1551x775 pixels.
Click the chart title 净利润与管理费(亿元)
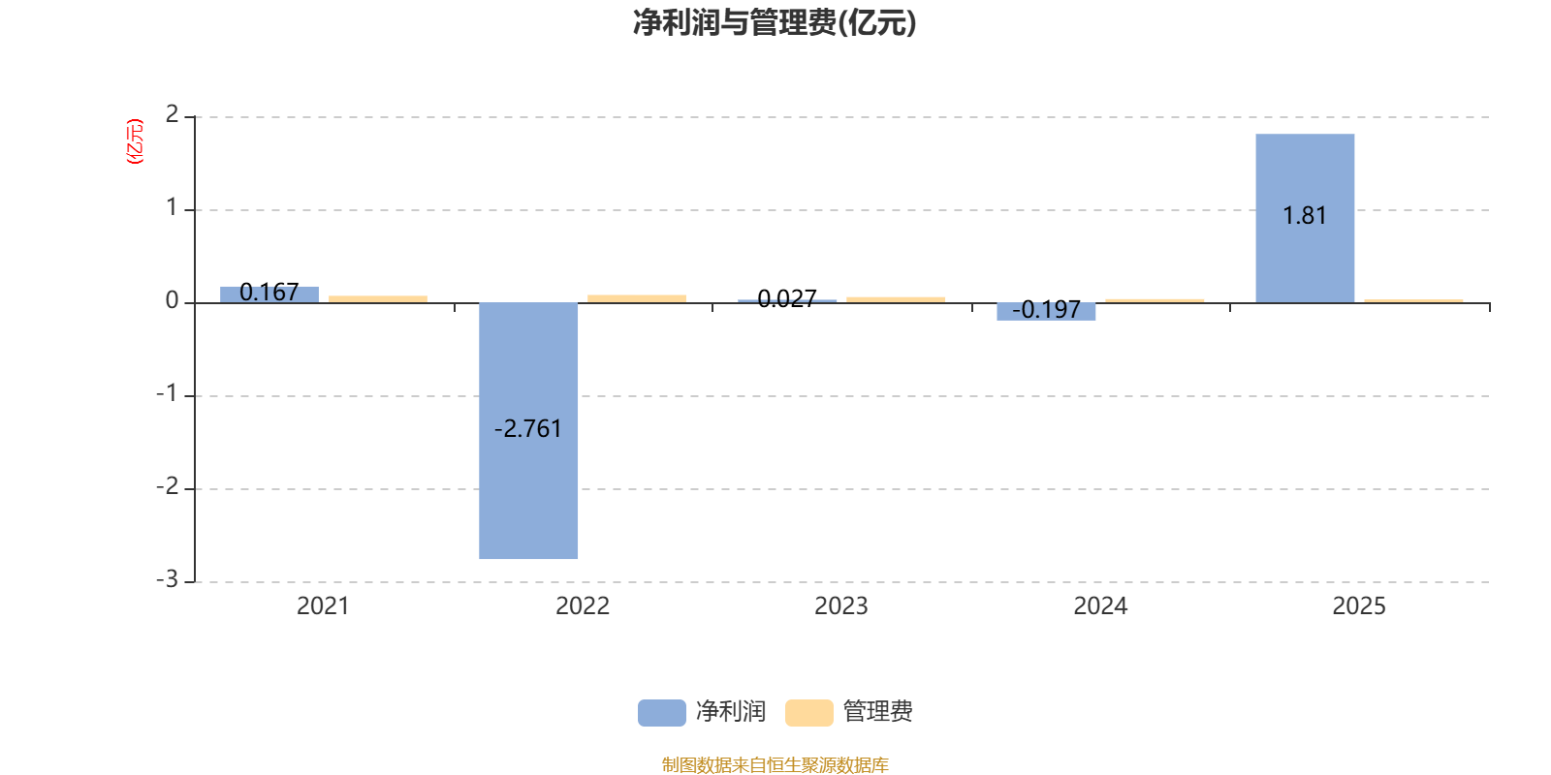[x=774, y=23]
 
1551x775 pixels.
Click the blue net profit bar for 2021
[x=269, y=294]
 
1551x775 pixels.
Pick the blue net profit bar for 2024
[x=1046, y=311]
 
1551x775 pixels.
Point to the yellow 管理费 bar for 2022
[x=637, y=298]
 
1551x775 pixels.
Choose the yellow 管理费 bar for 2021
[x=378, y=298]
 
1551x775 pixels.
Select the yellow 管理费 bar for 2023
[x=896, y=299]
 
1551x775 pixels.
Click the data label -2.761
[x=528, y=429]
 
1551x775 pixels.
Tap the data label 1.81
[x=1305, y=216]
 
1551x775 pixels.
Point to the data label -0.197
[x=1046, y=310]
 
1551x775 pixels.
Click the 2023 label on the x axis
[x=840, y=606]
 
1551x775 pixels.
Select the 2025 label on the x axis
[x=1359, y=606]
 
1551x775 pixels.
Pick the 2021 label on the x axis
[x=323, y=606]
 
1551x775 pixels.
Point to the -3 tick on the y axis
[x=168, y=579]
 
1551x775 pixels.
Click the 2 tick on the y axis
[x=172, y=114]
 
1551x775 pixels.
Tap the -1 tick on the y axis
[x=168, y=393]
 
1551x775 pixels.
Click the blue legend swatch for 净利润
[x=661, y=712]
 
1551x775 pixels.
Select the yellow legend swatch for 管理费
[x=808, y=712]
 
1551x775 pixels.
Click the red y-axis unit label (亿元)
[x=135, y=141]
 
